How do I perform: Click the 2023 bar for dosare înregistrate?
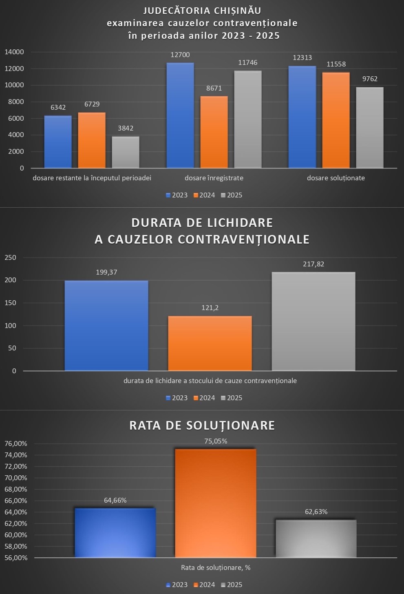click(x=180, y=115)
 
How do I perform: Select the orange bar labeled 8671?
click(x=214, y=132)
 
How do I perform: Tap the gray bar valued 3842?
click(x=126, y=152)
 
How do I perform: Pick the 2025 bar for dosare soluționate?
click(x=370, y=128)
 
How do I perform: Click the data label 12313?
click(x=302, y=58)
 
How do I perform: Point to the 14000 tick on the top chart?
click(x=15, y=52)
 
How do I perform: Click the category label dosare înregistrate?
click(x=214, y=178)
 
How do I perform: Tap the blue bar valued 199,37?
click(x=106, y=326)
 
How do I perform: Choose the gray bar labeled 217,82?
click(x=313, y=321)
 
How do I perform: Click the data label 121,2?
click(x=210, y=308)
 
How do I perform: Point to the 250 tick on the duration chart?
click(x=11, y=257)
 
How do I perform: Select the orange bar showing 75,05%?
click(x=216, y=503)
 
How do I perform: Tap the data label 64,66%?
click(x=115, y=500)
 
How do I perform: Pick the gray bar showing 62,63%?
click(x=316, y=539)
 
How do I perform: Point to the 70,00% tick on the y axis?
click(x=15, y=478)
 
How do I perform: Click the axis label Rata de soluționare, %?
click(x=216, y=567)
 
